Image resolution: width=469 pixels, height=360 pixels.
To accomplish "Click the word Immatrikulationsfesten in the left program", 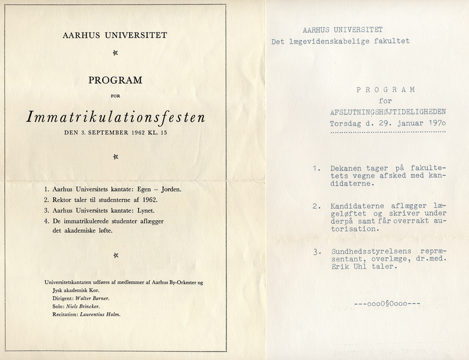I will click(115, 116).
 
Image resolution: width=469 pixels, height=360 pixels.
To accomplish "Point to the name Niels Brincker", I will click(85, 306).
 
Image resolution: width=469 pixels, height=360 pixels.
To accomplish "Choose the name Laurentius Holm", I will click(99, 314).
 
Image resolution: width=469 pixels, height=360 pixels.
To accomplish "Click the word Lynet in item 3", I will click(145, 211).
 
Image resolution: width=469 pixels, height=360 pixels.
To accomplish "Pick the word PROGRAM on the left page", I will click(115, 79).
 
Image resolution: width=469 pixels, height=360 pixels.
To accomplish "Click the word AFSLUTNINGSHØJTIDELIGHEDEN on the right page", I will click(387, 112).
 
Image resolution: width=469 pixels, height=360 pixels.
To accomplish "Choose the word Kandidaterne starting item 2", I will click(359, 206).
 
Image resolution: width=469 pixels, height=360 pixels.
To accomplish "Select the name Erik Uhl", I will click(348, 267).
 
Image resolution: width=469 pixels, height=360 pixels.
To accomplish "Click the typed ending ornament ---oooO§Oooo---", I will click(387, 304).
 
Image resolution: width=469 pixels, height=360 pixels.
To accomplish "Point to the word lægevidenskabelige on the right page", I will click(340, 41).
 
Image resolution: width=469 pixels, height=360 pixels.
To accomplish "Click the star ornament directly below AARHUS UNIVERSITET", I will click(115, 53).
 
